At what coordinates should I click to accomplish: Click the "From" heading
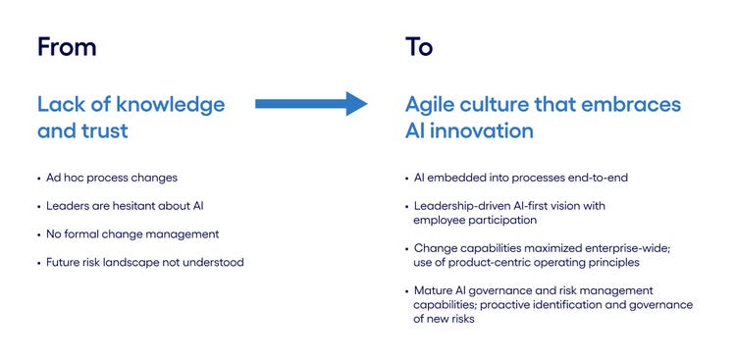[x=67, y=46]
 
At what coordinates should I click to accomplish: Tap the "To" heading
[x=419, y=46]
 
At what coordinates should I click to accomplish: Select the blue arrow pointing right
[x=310, y=103]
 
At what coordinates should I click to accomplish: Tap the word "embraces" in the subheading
[x=628, y=104]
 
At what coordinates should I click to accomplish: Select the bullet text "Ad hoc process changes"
[x=113, y=179]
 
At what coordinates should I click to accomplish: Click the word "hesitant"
[x=147, y=206]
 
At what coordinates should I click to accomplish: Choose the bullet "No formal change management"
[x=131, y=233]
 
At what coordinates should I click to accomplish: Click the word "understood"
[x=215, y=262]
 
